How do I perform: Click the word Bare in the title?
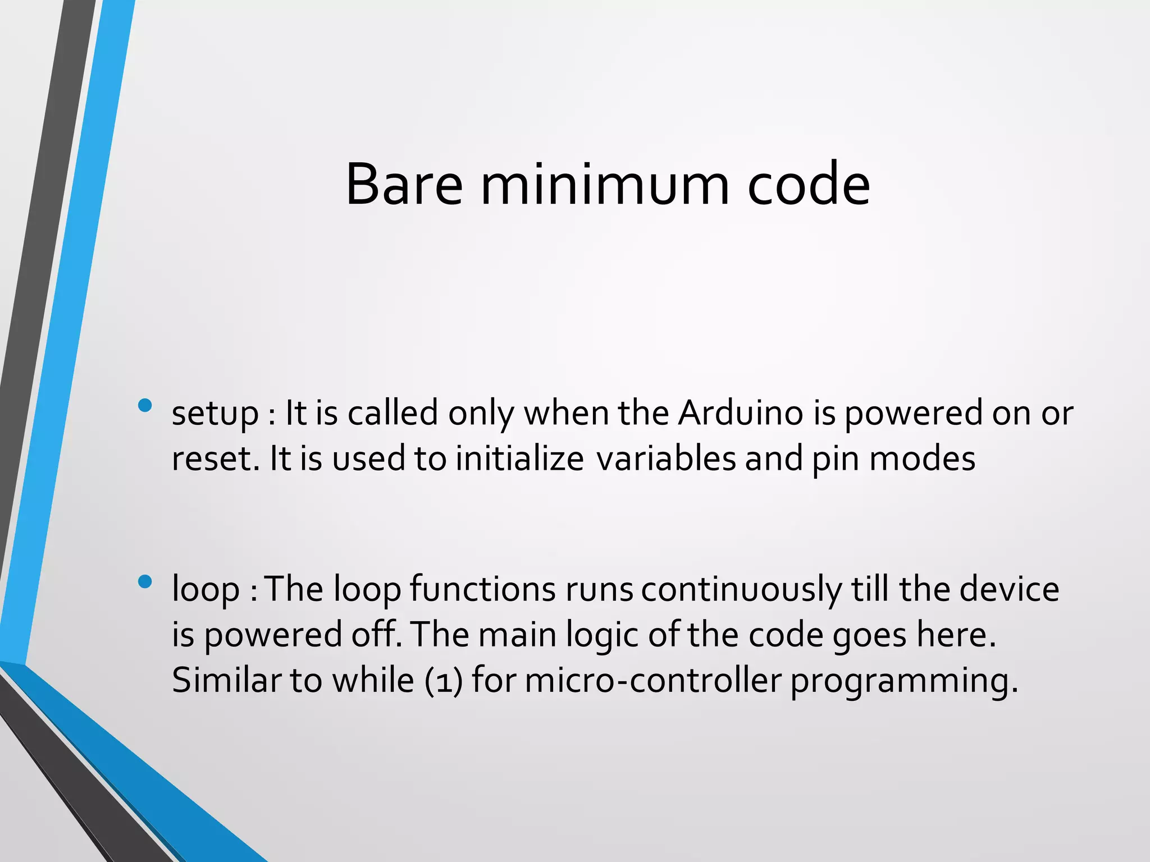[x=404, y=185]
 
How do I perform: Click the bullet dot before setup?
[x=145, y=405]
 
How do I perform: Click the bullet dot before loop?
[x=145, y=582]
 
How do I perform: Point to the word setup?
[x=215, y=414]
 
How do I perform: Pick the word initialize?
[x=519, y=458]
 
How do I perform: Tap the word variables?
[x=666, y=458]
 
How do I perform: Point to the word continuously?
[x=742, y=590]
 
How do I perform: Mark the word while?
[x=373, y=680]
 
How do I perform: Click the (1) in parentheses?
[x=444, y=681]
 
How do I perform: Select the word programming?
[x=903, y=681]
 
